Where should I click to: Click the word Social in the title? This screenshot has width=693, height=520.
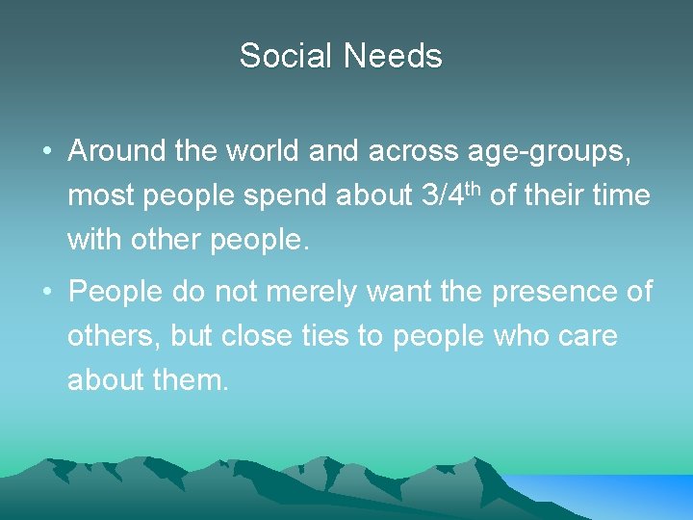[287, 56]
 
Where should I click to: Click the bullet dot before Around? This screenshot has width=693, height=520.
[46, 152]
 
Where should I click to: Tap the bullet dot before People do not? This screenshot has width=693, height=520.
[46, 292]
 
